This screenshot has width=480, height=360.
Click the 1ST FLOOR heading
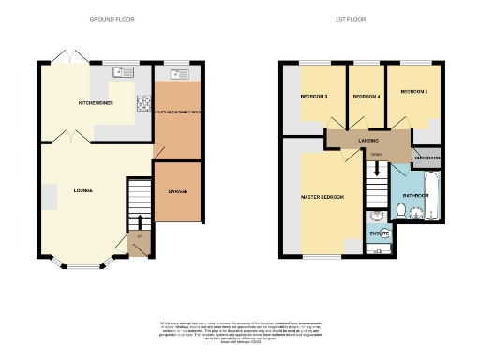[351, 19]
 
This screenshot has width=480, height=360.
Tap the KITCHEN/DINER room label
[96, 101]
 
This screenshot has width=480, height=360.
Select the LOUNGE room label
[83, 191]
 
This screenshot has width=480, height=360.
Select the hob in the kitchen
[144, 103]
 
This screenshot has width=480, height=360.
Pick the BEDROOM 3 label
[313, 96]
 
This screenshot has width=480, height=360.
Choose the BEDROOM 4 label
[366, 96]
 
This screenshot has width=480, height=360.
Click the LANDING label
[367, 140]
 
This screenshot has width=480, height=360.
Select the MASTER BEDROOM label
[322, 197]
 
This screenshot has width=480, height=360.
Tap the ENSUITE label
[379, 232]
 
